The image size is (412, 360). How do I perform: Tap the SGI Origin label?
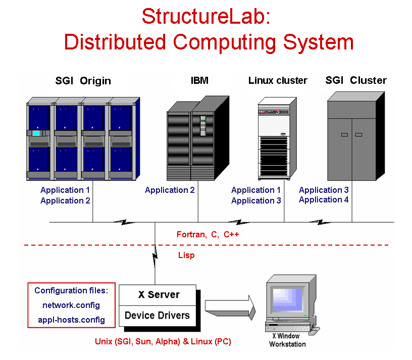pyautogui.click(x=83, y=81)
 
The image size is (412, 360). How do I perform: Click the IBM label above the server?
pyautogui.click(x=199, y=80)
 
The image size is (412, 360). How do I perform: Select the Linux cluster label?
pyautogui.click(x=278, y=80)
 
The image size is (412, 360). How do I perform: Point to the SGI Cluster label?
pyautogui.click(x=356, y=80)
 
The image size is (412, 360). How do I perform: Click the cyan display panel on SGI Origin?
pyautogui.click(x=36, y=133)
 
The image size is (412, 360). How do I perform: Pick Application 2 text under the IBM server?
pyautogui.click(x=170, y=190)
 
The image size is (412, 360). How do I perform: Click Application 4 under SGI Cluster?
pyautogui.click(x=324, y=200)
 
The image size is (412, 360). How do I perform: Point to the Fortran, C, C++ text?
pyautogui.click(x=207, y=234)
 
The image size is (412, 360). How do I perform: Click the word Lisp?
pyautogui.click(x=186, y=255)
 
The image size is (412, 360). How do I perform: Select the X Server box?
pyautogui.click(x=159, y=294)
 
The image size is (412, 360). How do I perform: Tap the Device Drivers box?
pyautogui.click(x=157, y=316)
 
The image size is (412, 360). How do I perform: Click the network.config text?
pyautogui.click(x=71, y=305)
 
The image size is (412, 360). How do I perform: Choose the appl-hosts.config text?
pyautogui.click(x=71, y=320)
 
